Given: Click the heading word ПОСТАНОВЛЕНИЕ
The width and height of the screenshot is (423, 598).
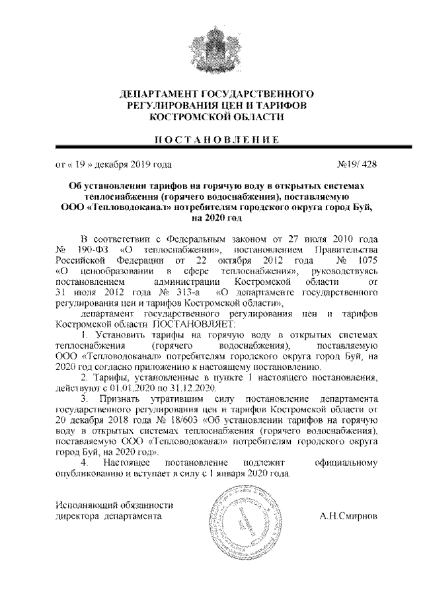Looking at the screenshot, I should click(211, 139).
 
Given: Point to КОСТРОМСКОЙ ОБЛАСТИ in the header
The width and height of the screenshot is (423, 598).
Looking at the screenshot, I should click(211, 116).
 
